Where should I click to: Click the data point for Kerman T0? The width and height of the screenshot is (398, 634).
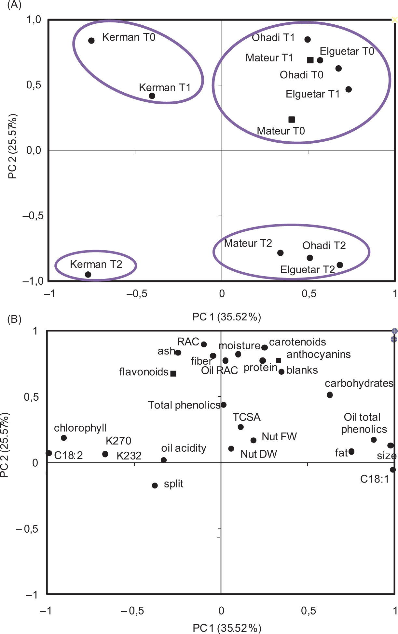tap(91, 41)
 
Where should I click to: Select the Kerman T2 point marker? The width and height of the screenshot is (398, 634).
tap(88, 275)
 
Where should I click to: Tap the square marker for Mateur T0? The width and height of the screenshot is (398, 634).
tap(292, 120)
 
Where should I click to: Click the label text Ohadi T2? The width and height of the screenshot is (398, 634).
tap(324, 245)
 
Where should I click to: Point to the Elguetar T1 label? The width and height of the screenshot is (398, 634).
tap(312, 94)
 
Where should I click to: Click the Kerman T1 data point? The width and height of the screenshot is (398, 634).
tap(152, 96)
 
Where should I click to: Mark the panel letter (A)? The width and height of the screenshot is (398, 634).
tap(14, 5)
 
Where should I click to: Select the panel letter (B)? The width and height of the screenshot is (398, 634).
tap(14, 319)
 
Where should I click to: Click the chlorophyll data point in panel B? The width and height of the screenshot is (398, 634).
tap(64, 438)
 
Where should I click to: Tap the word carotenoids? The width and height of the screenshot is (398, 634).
tap(297, 342)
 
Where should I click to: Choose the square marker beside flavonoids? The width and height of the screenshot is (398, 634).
tap(173, 374)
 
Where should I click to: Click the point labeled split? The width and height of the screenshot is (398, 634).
tap(155, 485)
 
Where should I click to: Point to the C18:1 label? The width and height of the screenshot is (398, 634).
tap(375, 479)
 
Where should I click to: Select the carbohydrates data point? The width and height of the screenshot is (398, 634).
tap(330, 395)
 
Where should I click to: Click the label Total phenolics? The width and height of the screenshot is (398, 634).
tap(184, 405)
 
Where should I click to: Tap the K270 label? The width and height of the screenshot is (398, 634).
tap(118, 441)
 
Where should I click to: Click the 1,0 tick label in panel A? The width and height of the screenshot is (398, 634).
tap(34, 20)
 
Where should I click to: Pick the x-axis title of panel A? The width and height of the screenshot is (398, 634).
tap(226, 317)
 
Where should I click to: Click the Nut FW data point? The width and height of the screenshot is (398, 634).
tap(254, 440)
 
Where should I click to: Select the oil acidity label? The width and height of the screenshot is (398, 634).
tap(184, 448)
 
